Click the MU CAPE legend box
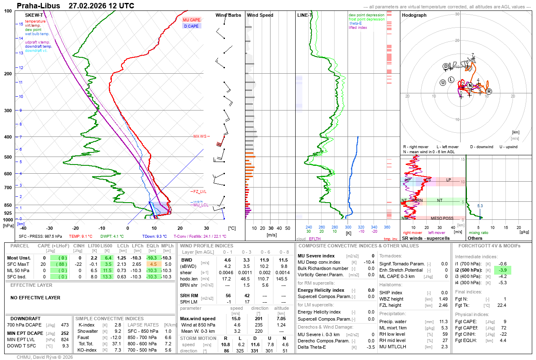(x=191, y=20)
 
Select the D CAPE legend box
(x=191, y=26)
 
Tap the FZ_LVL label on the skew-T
(x=200, y=191)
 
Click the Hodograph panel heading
(x=414, y=15)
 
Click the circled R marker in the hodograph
(x=489, y=91)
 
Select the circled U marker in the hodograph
(x=443, y=82)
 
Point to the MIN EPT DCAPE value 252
(x=64, y=333)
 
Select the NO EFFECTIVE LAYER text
(x=35, y=298)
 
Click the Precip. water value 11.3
(x=443, y=321)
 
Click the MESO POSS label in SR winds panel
(x=442, y=218)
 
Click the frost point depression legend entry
(x=366, y=19)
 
